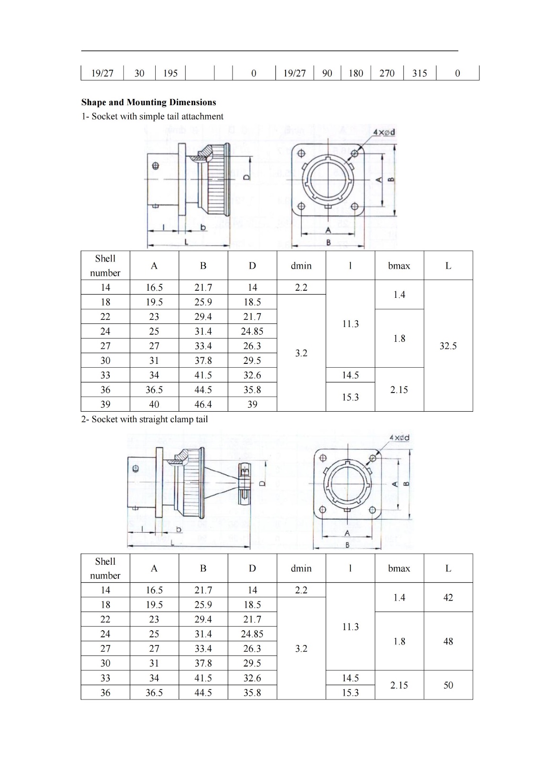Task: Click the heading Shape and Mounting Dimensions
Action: [x=148, y=102]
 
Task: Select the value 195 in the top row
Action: [x=170, y=73]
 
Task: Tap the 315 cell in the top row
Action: [x=419, y=73]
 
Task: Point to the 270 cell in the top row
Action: [x=387, y=73]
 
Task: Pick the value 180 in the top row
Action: [x=356, y=73]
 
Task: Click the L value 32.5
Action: [x=448, y=346]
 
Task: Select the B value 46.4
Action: [x=203, y=404]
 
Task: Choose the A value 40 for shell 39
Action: [x=154, y=404]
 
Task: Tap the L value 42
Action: [x=448, y=597]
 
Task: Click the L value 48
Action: [x=448, y=641]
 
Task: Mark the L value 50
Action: [x=448, y=685]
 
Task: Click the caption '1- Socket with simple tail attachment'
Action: [x=152, y=116]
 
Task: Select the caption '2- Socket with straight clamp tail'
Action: [x=144, y=419]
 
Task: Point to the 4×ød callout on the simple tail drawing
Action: [x=384, y=132]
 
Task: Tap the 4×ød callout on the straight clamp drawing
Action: [x=399, y=437]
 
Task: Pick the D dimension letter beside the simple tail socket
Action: [x=246, y=176]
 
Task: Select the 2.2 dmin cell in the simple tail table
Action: [x=301, y=287]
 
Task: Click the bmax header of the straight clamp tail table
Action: [x=399, y=568]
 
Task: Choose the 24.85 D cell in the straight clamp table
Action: [x=252, y=634]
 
